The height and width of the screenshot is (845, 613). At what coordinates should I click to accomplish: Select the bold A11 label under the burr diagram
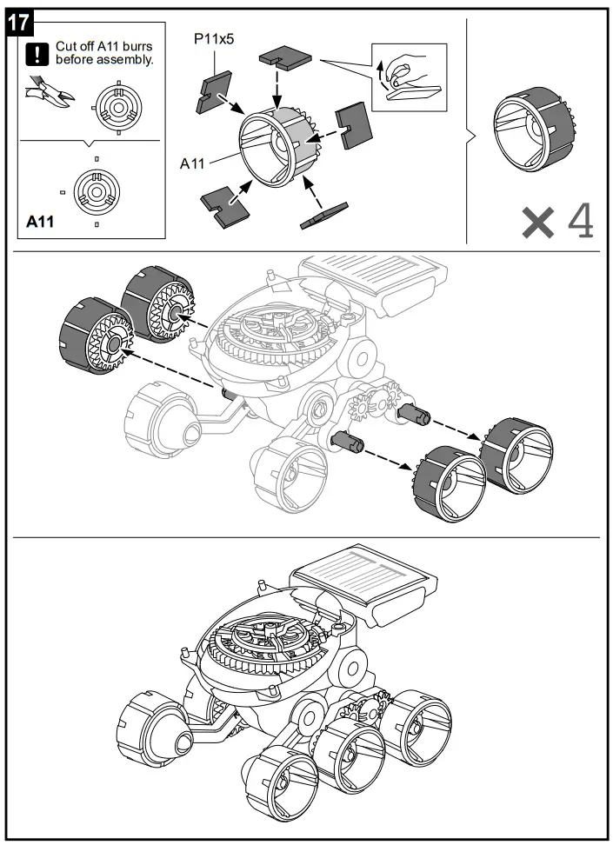pyautogui.click(x=40, y=222)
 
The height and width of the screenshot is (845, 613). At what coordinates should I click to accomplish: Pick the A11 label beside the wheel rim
pyautogui.click(x=192, y=163)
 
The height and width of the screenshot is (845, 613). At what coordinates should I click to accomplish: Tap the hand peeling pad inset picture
pyautogui.click(x=408, y=77)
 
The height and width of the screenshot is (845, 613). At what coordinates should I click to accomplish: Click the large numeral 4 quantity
pyautogui.click(x=581, y=222)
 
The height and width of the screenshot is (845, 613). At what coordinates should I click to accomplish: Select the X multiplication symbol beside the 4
pyautogui.click(x=537, y=223)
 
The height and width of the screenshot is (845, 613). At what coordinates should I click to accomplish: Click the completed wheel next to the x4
pyautogui.click(x=531, y=121)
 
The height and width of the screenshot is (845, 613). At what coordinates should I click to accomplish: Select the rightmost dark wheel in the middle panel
pyautogui.click(x=516, y=451)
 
